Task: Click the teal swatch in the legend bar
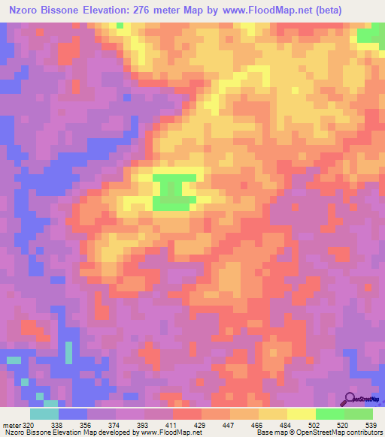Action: pyautogui.click(x=44, y=414)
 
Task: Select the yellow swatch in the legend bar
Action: pyautogui.click(x=302, y=414)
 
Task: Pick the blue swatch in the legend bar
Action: pyautogui.click(x=73, y=414)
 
